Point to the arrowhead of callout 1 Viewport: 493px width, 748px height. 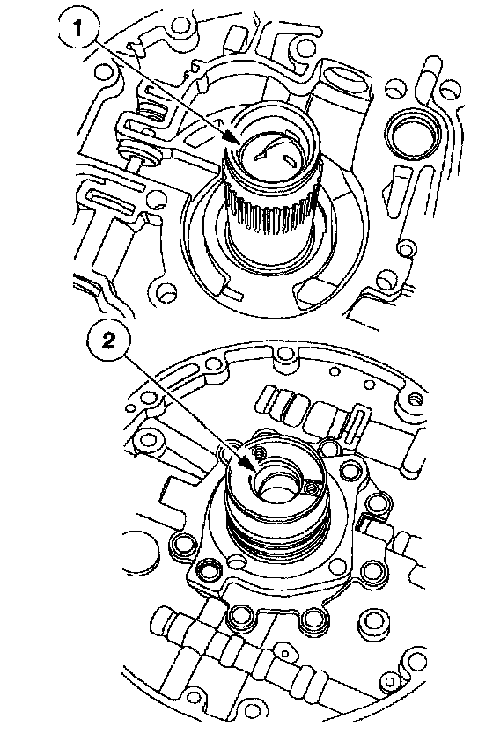(232, 137)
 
